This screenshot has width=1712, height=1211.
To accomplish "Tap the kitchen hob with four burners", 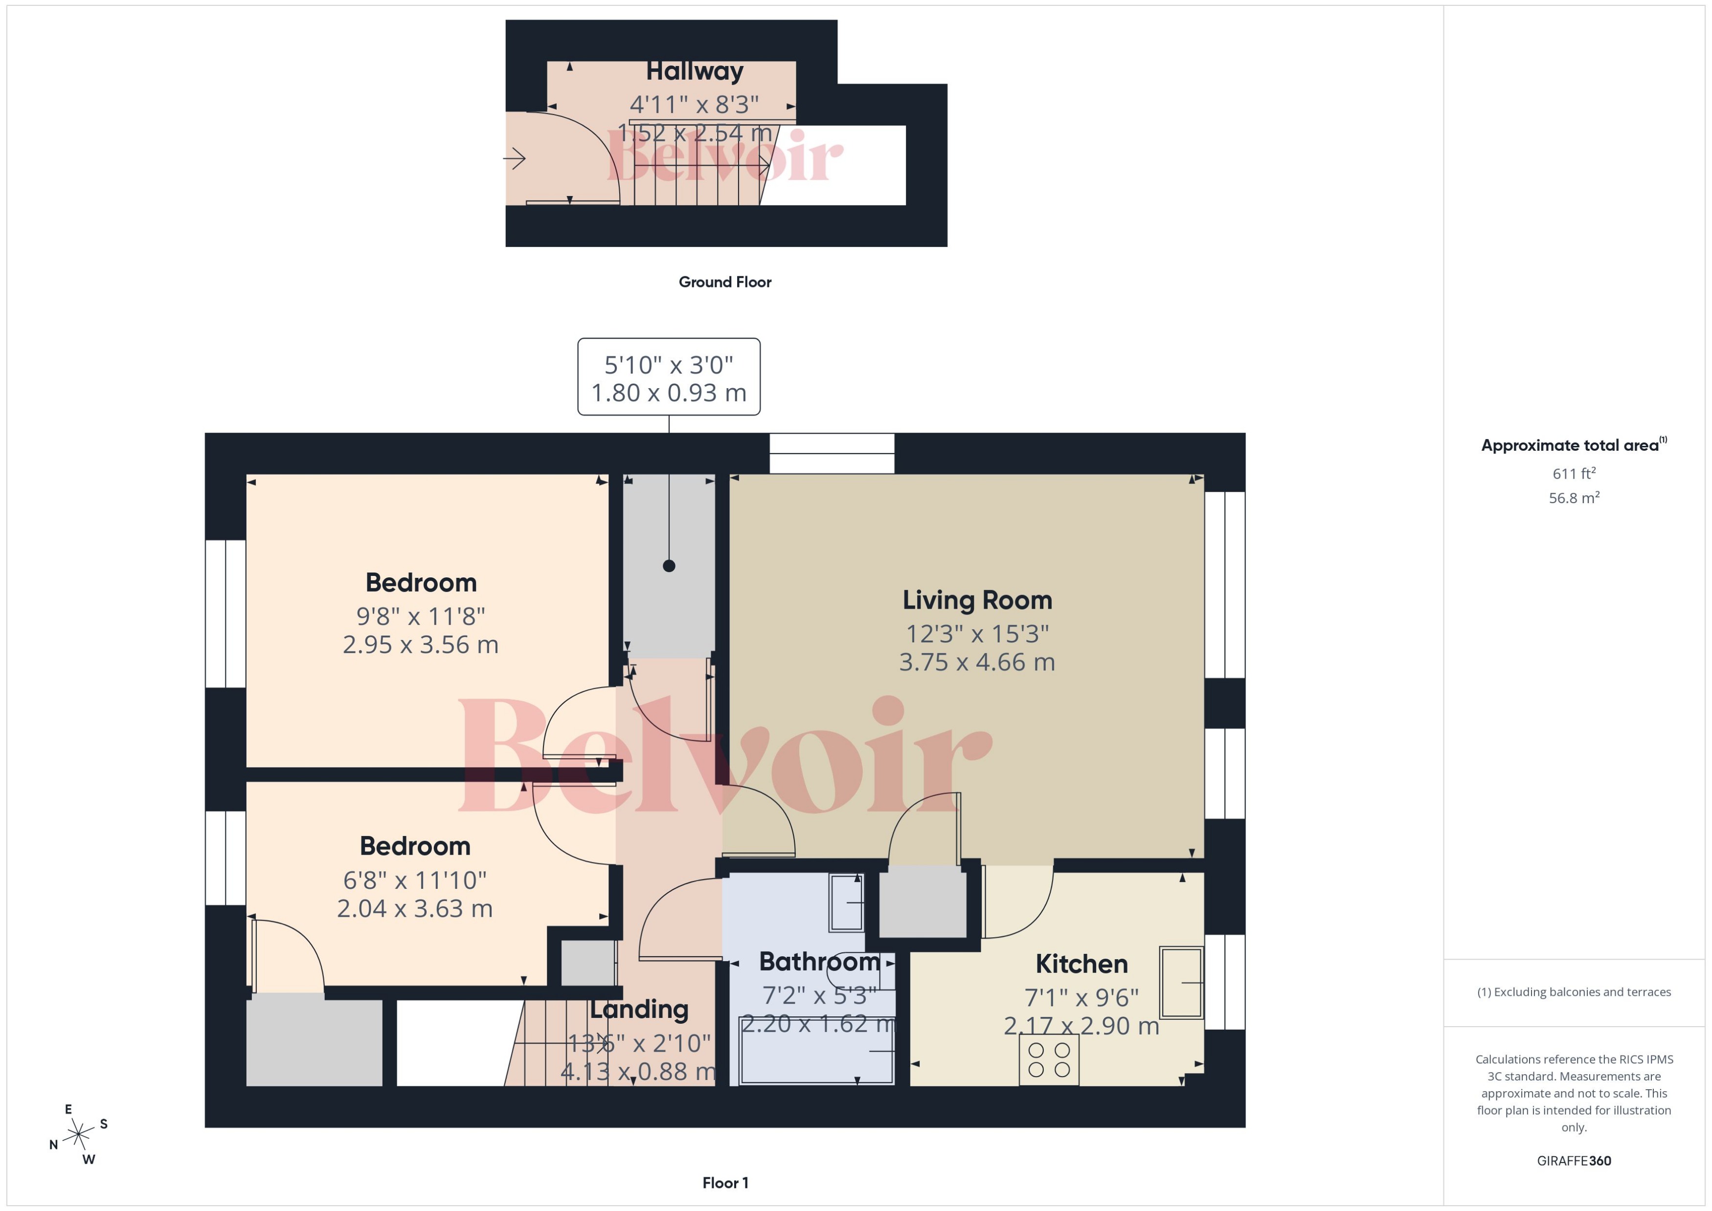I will (x=1049, y=1059).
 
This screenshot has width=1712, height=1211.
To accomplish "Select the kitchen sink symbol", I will (x=1181, y=982).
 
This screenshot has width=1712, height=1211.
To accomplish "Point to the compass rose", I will (x=78, y=1135).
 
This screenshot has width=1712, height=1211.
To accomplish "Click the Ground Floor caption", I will (x=724, y=282).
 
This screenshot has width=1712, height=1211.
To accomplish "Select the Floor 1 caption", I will (x=724, y=1183).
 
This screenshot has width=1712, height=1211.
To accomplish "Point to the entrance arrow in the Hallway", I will (x=515, y=158).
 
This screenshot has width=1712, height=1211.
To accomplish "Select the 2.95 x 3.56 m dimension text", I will (x=420, y=644).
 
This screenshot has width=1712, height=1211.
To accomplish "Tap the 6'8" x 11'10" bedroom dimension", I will (x=415, y=881).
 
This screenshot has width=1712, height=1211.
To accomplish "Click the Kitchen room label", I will (x=1081, y=964).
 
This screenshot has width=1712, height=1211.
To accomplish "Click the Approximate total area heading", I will (x=1570, y=446).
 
